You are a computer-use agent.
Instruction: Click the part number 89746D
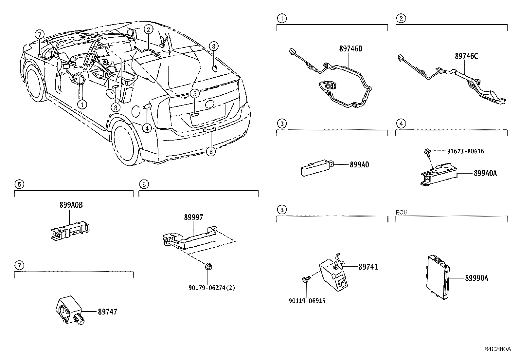350,49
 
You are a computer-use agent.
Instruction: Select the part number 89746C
466,56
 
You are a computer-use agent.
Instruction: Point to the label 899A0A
485,173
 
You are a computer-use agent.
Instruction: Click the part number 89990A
476,278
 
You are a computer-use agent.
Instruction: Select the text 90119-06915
307,301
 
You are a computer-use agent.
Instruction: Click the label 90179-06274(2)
212,288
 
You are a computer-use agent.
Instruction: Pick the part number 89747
107,312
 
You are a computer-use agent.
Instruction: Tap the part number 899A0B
71,205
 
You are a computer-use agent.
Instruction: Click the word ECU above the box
401,212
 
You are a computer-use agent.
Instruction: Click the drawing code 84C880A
497,349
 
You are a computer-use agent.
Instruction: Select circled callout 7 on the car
39,34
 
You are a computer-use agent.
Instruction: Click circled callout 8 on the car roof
213,46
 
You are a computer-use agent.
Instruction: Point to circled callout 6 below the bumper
211,151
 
